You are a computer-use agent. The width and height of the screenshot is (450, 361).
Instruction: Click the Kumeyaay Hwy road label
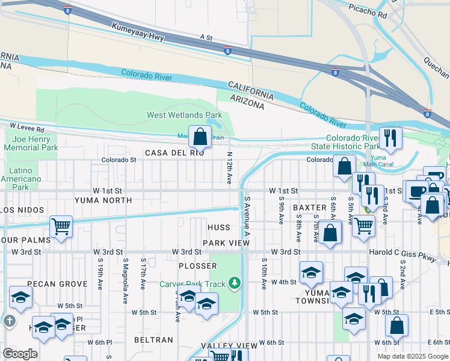click(x=137, y=31)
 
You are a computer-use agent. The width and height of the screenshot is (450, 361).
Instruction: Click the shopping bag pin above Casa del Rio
click(x=200, y=138)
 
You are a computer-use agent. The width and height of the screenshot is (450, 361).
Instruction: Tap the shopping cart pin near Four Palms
click(x=61, y=227)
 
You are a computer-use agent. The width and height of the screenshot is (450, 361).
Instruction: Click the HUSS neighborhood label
click(x=219, y=228)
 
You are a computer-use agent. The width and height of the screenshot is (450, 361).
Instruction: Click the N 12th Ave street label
click(x=229, y=167)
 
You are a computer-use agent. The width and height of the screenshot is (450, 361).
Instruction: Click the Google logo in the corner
click(x=20, y=354)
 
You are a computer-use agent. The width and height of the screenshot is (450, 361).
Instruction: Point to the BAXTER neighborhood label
click(x=309, y=208)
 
